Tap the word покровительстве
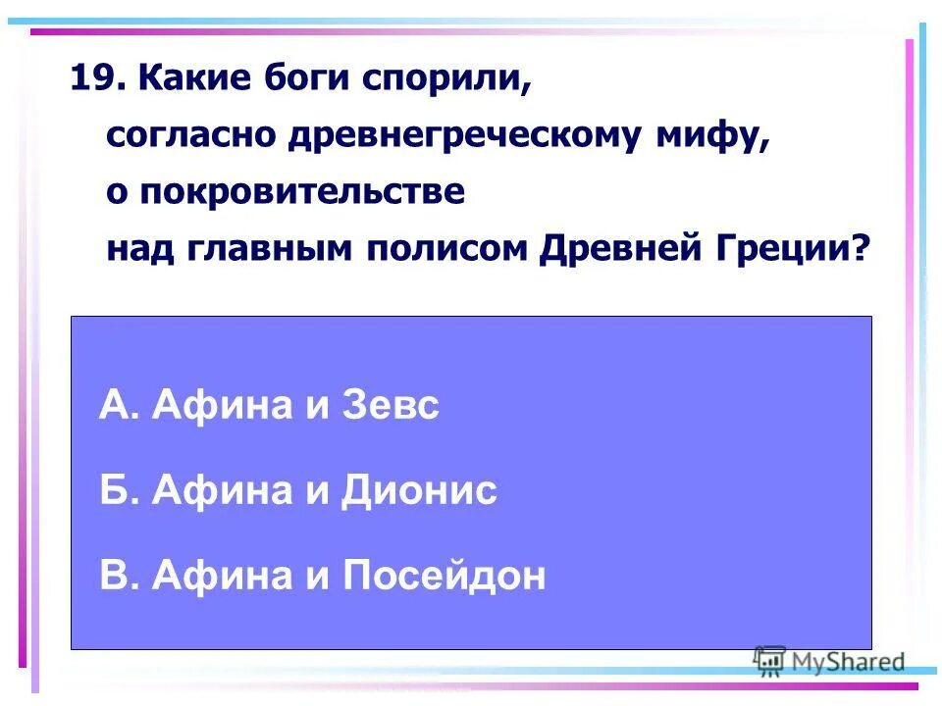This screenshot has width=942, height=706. click(299, 191)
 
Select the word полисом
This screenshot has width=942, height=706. click(447, 248)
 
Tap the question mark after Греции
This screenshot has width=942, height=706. click(861, 248)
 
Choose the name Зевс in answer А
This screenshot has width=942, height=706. click(390, 405)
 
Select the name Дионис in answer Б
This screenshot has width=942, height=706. click(419, 490)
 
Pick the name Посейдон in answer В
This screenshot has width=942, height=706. click(443, 576)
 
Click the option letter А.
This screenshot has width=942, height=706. click(114, 405)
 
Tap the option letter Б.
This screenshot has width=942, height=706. click(113, 490)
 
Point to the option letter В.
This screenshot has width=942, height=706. click(113, 576)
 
